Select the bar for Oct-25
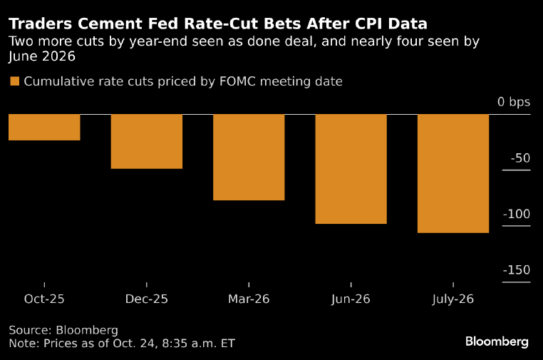(44, 128)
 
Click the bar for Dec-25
(147, 142)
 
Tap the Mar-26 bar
(249, 158)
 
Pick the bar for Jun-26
(351, 170)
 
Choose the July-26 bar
(453, 174)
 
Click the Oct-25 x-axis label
(44, 299)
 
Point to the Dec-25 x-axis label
(147, 299)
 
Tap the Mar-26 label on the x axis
(249, 299)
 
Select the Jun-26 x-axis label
(351, 299)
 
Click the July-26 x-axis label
(453, 299)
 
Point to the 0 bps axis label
(514, 102)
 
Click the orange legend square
(14, 81)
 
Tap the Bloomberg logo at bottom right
(497, 342)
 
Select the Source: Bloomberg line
(63, 330)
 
